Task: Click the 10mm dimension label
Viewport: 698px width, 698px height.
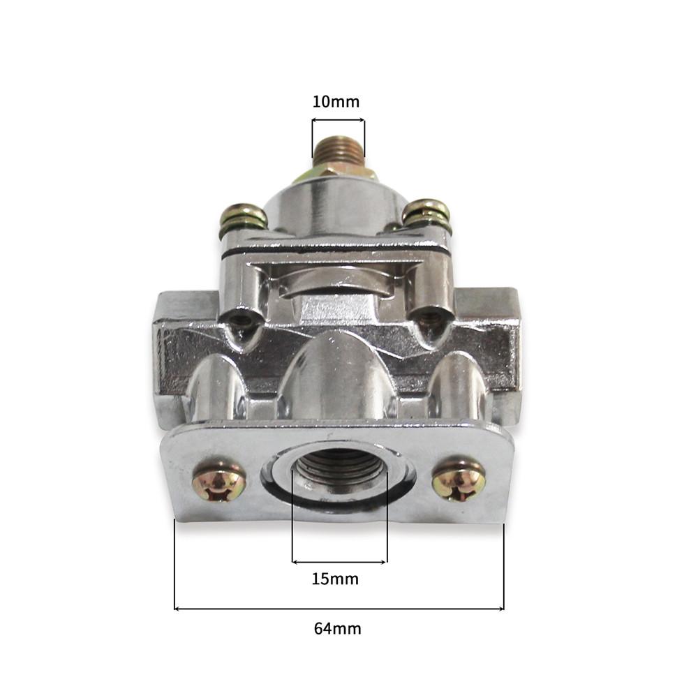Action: (336, 102)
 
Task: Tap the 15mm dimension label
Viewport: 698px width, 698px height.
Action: (336, 579)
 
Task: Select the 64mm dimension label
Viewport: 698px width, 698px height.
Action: (337, 628)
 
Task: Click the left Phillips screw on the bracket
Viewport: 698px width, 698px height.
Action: (218, 482)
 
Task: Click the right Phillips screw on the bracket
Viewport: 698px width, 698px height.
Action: (459, 481)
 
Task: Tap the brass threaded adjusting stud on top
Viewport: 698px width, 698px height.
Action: (338, 149)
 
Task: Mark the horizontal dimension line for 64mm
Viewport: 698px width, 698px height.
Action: (339, 609)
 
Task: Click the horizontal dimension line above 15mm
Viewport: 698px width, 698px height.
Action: (339, 561)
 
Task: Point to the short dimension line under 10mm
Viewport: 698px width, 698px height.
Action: (339, 121)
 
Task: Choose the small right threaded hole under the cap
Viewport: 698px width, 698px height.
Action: (431, 317)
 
